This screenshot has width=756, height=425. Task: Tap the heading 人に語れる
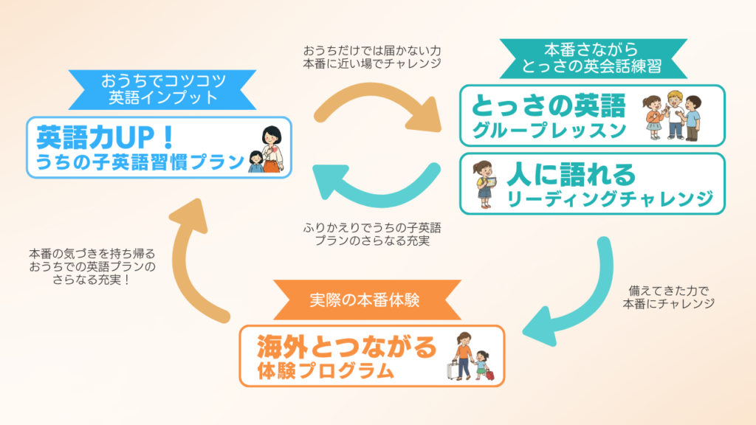571,174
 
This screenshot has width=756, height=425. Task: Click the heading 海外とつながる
348,345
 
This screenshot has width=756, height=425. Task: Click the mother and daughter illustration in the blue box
267,150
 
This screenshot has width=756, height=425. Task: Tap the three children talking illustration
672,115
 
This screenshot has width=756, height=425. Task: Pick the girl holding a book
483,183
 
